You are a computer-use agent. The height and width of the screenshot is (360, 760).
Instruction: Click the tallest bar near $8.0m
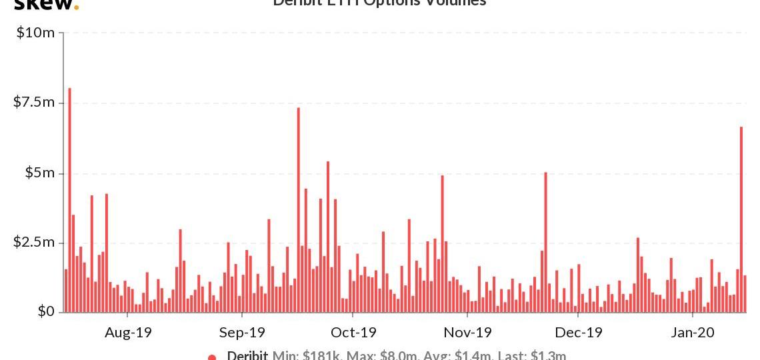[69, 200]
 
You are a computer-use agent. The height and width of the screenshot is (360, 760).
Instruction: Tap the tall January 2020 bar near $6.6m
[741, 220]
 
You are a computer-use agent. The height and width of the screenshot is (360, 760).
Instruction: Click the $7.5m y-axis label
[36, 102]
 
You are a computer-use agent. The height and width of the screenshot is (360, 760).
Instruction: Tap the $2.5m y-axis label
[36, 242]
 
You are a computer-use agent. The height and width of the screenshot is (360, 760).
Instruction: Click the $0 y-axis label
[46, 311]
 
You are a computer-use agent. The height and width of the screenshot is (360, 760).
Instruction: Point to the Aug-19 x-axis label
[128, 332]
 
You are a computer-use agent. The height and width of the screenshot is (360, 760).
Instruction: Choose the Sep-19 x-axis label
[242, 332]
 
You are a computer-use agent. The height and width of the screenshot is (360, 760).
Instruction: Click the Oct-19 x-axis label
[353, 332]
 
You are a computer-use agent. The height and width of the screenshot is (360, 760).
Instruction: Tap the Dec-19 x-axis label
[579, 332]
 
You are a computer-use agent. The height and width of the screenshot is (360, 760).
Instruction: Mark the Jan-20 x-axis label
[692, 332]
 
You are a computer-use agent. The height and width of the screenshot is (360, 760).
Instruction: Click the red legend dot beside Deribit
[212, 357]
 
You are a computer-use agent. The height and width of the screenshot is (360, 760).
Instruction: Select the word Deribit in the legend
[247, 356]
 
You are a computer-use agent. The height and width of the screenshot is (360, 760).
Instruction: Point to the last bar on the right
[745, 294]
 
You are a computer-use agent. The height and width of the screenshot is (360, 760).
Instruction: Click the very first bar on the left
[66, 291]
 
